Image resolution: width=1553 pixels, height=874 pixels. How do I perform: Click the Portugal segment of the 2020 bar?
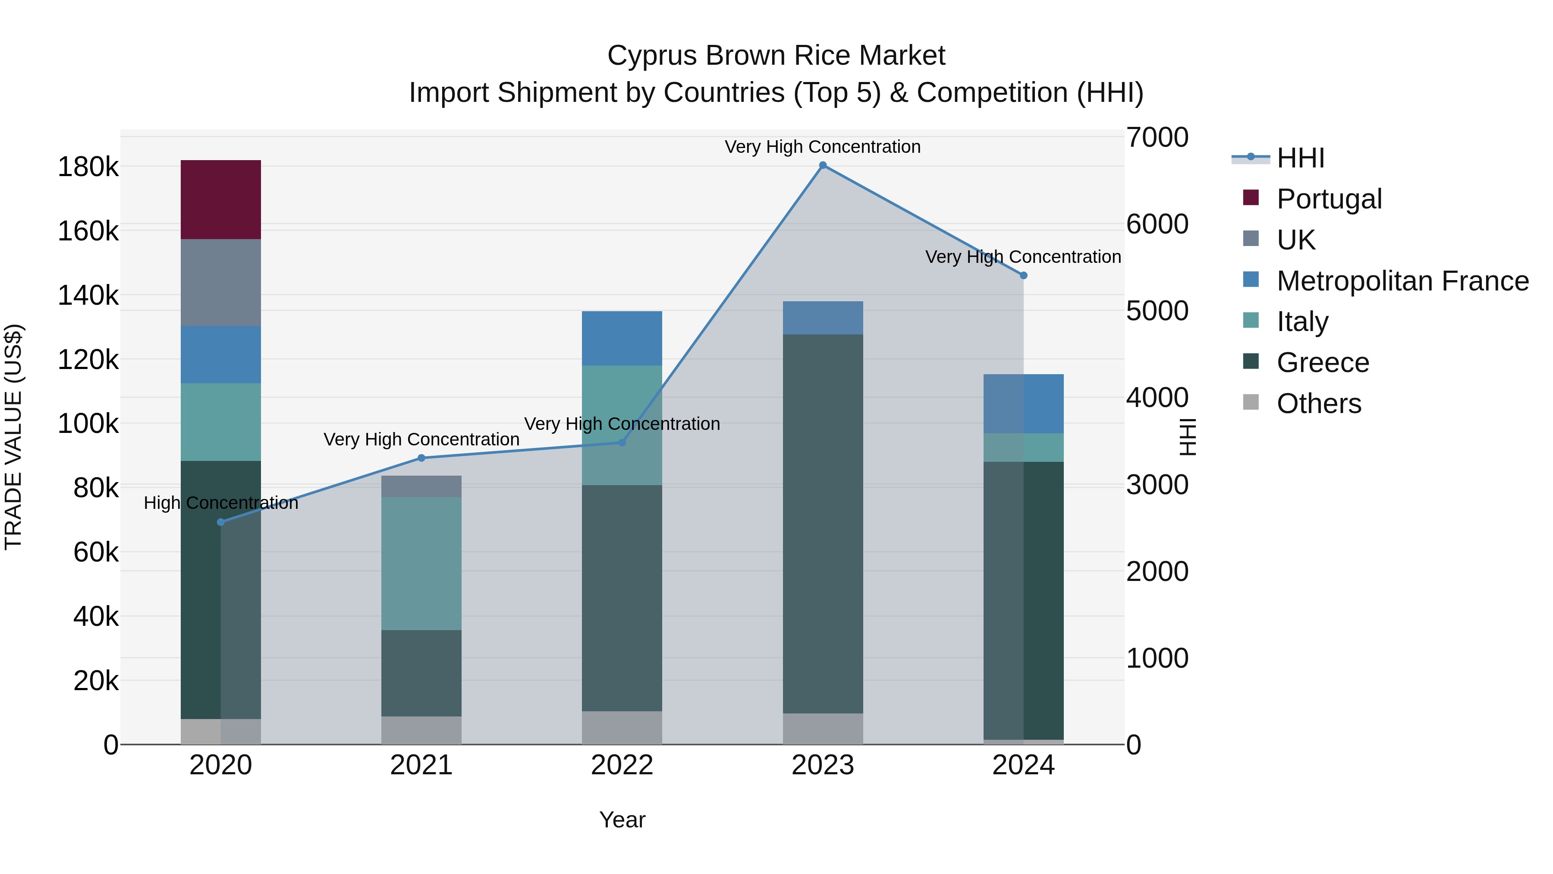(x=220, y=200)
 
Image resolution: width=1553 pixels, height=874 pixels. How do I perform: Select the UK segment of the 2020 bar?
(x=220, y=282)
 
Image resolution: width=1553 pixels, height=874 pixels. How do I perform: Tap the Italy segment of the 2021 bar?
(x=421, y=563)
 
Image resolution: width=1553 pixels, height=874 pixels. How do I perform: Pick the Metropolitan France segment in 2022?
(x=622, y=338)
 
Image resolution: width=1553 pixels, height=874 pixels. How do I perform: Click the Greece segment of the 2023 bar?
(x=823, y=524)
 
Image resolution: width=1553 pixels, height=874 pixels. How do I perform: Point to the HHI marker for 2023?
(x=823, y=165)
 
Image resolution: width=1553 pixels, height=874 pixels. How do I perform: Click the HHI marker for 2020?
(x=220, y=522)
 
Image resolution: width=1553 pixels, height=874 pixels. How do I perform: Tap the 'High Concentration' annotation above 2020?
(x=220, y=503)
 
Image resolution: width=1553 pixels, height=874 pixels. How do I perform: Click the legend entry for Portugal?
(x=1329, y=199)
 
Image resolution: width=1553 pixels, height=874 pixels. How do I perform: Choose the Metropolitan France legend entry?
(x=1402, y=281)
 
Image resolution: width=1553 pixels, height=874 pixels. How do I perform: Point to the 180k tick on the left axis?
(x=88, y=167)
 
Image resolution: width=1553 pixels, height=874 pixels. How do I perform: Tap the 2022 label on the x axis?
(x=622, y=765)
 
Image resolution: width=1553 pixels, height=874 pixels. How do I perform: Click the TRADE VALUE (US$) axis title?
(x=13, y=437)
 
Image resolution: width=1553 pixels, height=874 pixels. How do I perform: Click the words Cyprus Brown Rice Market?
(x=776, y=56)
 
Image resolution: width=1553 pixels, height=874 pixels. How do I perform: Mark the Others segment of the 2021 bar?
(x=421, y=730)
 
